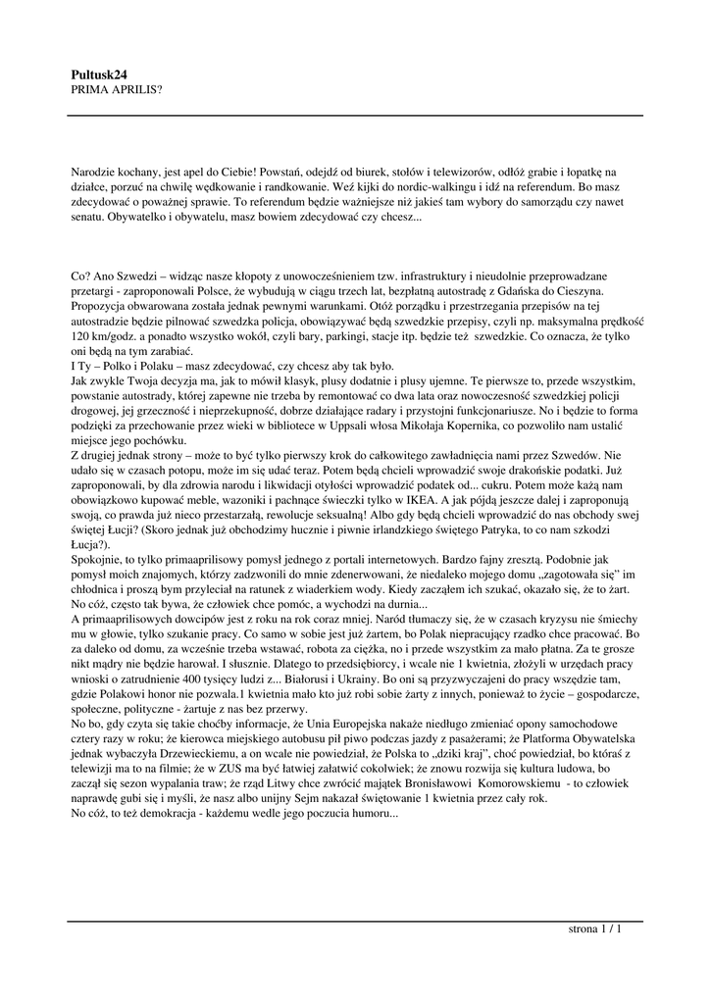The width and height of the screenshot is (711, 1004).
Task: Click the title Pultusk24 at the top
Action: click(x=100, y=74)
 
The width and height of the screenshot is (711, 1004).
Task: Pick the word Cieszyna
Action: click(x=598, y=292)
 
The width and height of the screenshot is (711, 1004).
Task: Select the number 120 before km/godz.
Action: click(x=82, y=335)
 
